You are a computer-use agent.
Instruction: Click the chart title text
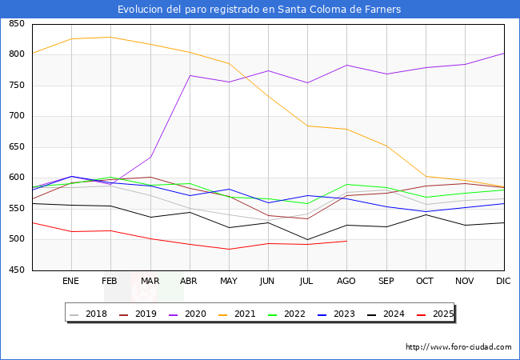pyautogui.click(x=259, y=10)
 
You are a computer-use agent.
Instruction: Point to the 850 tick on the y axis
pyautogui.click(x=16, y=24)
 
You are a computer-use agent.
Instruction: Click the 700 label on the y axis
pyautogui.click(x=16, y=117)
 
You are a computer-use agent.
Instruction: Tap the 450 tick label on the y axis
pyautogui.click(x=16, y=271)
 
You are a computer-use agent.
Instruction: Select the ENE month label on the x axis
pyautogui.click(x=71, y=282)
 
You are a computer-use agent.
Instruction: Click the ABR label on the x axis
pyautogui.click(x=189, y=282)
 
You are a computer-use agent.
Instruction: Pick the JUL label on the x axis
pyautogui.click(x=307, y=282)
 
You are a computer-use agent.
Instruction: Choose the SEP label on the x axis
pyautogui.click(x=386, y=282)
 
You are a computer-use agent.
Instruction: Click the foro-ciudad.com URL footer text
pyautogui.click(x=458, y=347)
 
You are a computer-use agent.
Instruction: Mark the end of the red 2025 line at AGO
pyautogui.click(x=346, y=241)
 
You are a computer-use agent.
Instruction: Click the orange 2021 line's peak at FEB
pyautogui.click(x=110, y=37)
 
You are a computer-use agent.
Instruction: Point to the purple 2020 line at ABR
pyautogui.click(x=190, y=75)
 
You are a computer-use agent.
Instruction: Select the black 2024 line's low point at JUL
pyautogui.click(x=307, y=240)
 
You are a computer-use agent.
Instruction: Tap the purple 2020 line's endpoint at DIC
pyautogui.click(x=504, y=54)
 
